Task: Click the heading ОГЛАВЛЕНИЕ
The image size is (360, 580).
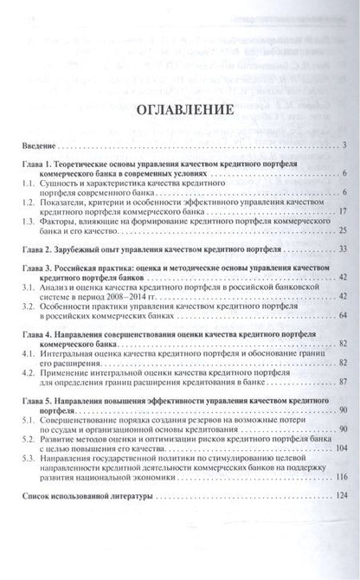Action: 180,112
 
